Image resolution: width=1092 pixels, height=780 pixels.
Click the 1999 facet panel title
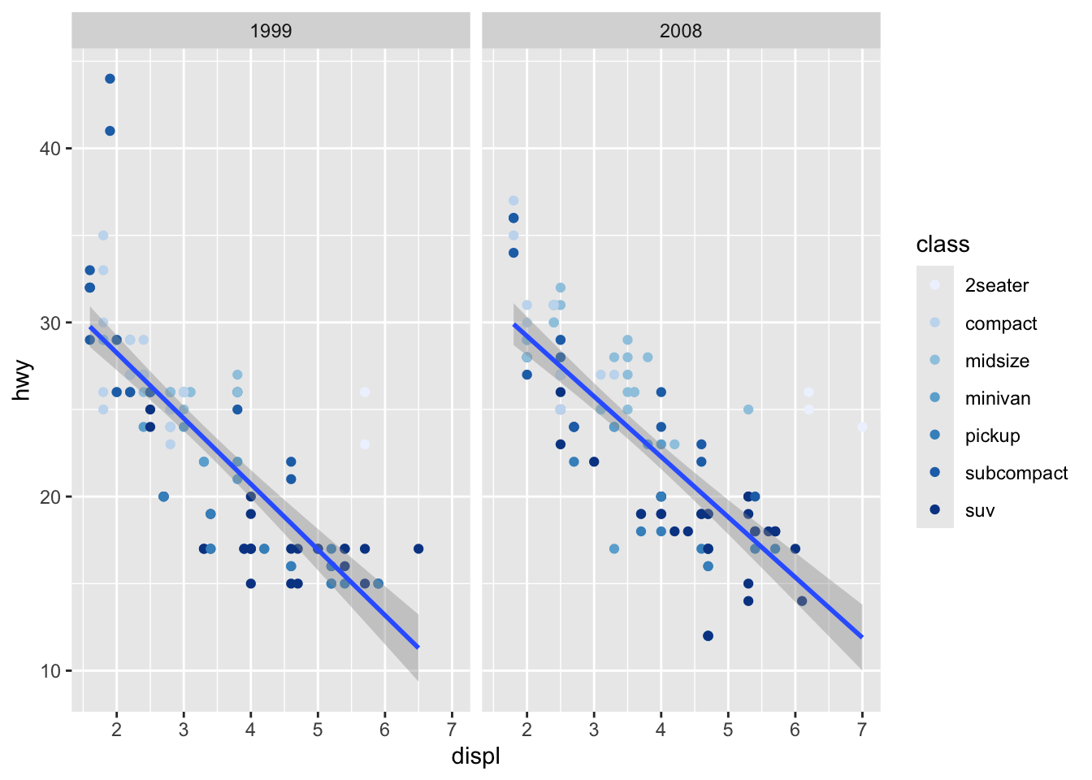(271, 31)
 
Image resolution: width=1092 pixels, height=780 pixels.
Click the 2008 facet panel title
(681, 31)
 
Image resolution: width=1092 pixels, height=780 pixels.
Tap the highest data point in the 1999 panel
(110, 79)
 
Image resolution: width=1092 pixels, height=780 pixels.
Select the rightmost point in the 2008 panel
(862, 427)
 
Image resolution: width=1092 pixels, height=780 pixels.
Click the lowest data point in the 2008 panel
(708, 635)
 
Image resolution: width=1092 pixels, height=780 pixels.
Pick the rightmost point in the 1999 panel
(418, 548)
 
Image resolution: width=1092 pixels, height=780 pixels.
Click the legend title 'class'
(942, 245)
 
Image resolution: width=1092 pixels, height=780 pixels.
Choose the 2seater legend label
(997, 285)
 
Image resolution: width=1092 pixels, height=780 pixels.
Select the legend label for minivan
(998, 398)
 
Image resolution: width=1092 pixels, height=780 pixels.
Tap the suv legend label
(980, 510)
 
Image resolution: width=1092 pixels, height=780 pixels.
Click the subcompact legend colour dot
(935, 473)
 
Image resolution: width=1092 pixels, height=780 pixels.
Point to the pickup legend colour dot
(935, 435)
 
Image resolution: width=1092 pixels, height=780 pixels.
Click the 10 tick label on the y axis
(50, 671)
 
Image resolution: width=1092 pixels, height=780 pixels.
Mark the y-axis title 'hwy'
(22, 380)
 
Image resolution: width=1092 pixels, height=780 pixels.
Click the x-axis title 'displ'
(475, 756)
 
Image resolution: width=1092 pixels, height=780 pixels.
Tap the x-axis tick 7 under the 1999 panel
(452, 729)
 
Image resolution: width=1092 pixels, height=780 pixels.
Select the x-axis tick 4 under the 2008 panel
(661, 729)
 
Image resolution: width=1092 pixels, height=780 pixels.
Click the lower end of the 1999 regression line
(418, 647)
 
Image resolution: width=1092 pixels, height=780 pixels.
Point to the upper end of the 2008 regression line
(513, 325)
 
